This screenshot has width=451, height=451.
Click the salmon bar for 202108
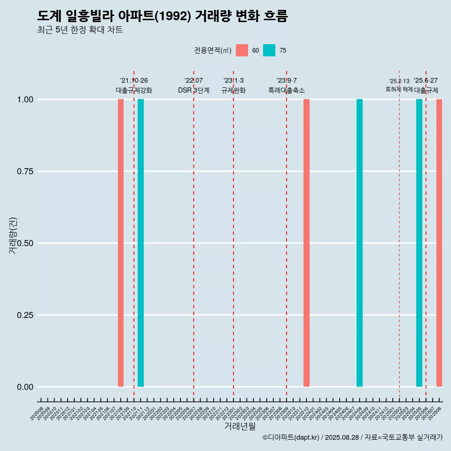point(121,243)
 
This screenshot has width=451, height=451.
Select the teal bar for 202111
point(140,243)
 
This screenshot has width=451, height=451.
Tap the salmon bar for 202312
point(306,243)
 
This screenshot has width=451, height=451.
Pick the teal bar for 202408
point(359,243)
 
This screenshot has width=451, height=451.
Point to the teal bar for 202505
point(419,243)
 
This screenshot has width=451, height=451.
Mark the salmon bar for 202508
point(439,243)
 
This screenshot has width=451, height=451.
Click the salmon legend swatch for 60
point(242,50)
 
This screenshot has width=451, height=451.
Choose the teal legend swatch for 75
point(269,50)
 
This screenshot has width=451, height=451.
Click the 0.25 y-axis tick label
point(25,315)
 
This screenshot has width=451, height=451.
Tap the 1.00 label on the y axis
point(25,100)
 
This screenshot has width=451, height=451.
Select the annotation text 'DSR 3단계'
point(194,90)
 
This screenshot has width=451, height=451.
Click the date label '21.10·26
point(134,81)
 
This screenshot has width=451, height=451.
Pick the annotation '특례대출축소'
point(287,90)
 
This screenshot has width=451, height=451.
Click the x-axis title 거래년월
point(240,426)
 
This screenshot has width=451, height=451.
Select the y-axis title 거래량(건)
point(13,235)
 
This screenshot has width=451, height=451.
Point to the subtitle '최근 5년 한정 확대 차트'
point(80,30)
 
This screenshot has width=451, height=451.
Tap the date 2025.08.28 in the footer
point(342,437)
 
